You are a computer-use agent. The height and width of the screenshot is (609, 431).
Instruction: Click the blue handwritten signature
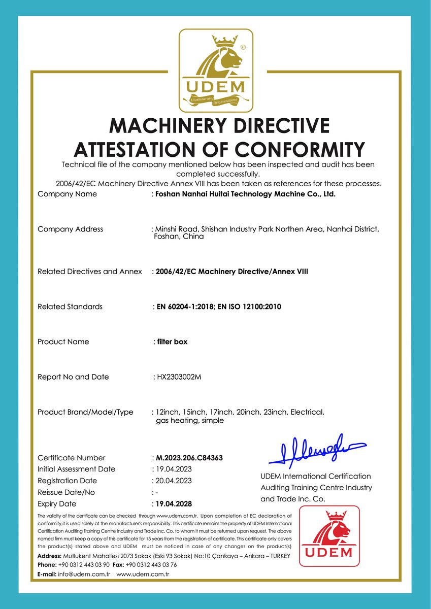[x=317, y=450]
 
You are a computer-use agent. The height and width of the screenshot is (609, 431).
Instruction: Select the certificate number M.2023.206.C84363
[x=189, y=458]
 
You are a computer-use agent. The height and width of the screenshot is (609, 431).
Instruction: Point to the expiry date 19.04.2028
[x=174, y=504]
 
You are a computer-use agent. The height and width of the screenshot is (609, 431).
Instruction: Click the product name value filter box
[x=172, y=342]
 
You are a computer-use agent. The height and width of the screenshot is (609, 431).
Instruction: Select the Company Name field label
[x=67, y=194]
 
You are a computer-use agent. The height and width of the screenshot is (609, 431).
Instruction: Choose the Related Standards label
[x=70, y=307]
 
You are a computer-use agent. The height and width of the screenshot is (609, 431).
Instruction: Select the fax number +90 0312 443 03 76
[x=151, y=565]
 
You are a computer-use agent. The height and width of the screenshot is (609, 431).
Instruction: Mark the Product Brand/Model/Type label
[x=85, y=412]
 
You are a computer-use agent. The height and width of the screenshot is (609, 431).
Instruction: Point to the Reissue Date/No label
[x=66, y=492]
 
